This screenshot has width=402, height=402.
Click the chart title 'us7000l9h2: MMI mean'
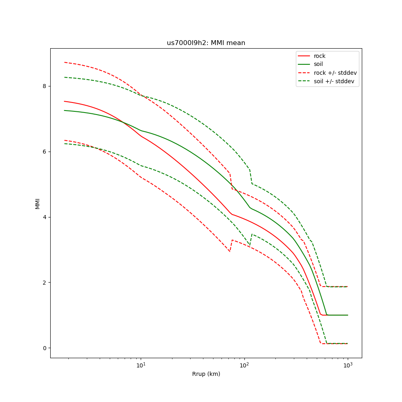point(206,43)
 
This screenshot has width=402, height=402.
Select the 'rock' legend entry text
point(320,56)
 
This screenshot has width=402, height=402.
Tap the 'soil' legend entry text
point(318,64)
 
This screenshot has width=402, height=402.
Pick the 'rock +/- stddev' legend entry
point(335,73)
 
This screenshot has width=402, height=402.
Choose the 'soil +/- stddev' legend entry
point(335,81)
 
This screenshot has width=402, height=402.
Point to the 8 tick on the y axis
point(45,86)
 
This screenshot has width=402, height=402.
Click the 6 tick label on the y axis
point(45,152)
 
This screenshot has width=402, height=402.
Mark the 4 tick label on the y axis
point(45,217)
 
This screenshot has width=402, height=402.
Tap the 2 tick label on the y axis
point(45,283)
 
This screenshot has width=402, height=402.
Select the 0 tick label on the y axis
point(45,348)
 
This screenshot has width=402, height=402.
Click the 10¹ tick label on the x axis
point(141,365)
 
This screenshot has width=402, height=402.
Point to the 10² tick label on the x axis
point(244,365)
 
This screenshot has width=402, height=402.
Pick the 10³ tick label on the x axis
point(348,365)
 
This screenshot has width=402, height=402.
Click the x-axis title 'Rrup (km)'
point(206,374)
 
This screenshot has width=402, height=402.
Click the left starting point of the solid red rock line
point(64,101)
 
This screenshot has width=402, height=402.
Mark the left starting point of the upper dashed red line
point(64,62)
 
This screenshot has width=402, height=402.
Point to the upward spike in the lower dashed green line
point(252,234)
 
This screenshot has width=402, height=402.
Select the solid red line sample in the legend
point(304,56)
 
